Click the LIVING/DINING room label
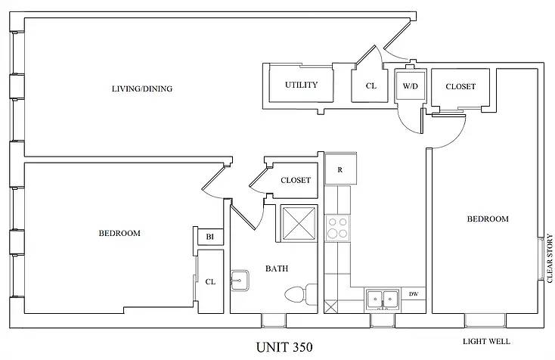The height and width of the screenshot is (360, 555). tap(142, 89)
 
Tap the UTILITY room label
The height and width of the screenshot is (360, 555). tap(301, 85)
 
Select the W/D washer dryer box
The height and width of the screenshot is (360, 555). tap(410, 86)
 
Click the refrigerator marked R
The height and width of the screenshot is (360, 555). tap(340, 170)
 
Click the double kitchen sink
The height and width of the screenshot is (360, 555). tap(381, 299)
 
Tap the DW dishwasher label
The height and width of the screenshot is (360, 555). tap(414, 294)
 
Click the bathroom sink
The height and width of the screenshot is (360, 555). tap(240, 281)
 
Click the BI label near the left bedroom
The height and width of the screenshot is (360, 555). tap(210, 237)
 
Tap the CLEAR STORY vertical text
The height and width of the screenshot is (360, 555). tap(550, 259)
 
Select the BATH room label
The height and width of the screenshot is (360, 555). tap(276, 268)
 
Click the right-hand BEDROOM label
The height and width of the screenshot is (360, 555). tap(487, 219)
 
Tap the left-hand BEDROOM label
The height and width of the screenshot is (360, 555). tap(119, 234)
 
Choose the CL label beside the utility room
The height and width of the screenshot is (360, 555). tap(371, 86)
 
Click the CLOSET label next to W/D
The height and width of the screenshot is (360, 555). tap(460, 87)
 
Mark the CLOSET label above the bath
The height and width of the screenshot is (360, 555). tap(296, 180)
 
